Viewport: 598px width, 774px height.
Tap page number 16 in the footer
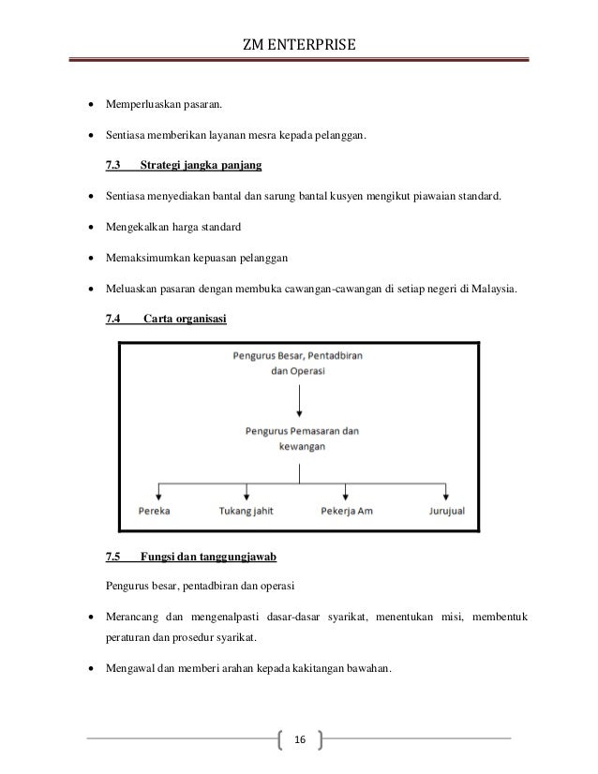click(299, 739)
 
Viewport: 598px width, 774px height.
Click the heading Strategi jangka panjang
click(200, 167)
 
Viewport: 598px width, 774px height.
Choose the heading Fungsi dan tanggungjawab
click(206, 559)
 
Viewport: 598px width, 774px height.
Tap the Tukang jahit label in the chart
click(247, 511)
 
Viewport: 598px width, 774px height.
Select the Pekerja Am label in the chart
click(346, 511)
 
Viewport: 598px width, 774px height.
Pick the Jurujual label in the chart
click(445, 511)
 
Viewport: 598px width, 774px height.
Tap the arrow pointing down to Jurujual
click(446, 490)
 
